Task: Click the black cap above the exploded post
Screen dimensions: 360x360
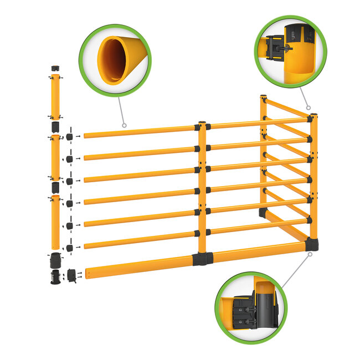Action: click(55, 68)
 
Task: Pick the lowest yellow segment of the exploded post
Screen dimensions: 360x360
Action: click(55, 222)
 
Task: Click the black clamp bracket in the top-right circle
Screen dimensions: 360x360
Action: click(275, 49)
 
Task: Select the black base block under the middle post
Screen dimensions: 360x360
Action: click(202, 259)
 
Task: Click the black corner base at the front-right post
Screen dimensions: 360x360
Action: click(312, 244)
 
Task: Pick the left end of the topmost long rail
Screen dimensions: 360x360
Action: click(86, 135)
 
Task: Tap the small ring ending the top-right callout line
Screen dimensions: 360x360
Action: click(308, 108)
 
